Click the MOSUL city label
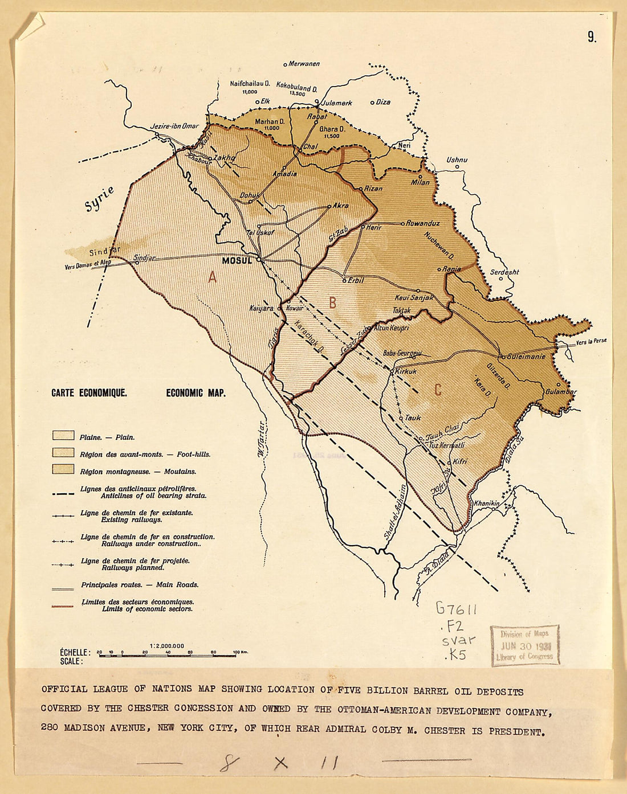(237, 260)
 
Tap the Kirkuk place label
(406, 371)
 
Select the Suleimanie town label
(526, 357)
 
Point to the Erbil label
(356, 280)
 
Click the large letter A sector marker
(212, 277)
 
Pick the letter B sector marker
(332, 303)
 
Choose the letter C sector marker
(438, 390)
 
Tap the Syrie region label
(100, 199)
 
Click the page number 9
(592, 37)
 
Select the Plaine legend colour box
(63, 436)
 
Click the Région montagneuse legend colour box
(63, 469)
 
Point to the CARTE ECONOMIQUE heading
(89, 393)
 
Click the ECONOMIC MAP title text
(196, 393)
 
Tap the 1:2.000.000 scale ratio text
(167, 646)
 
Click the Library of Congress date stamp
(525, 645)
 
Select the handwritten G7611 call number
(456, 608)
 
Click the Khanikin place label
(486, 504)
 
